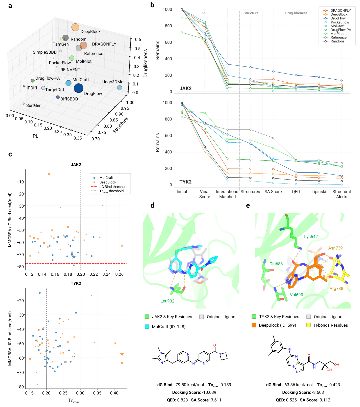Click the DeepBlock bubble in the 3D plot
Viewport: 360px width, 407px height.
(x=75, y=28)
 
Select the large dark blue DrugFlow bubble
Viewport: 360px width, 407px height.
(x=78, y=88)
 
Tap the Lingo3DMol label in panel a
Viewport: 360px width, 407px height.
(x=113, y=82)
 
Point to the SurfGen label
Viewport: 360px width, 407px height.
(x=34, y=105)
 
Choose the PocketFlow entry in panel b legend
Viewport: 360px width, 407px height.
(x=340, y=22)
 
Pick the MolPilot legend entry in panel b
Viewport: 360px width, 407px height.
(x=337, y=34)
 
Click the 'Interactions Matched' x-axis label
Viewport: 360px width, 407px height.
(x=227, y=194)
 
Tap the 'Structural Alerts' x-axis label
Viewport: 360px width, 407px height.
(x=341, y=194)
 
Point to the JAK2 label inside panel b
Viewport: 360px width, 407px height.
(x=185, y=89)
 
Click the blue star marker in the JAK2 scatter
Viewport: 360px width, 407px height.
(x=74, y=257)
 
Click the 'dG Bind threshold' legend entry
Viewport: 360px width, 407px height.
(x=113, y=187)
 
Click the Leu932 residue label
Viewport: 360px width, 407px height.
(x=167, y=301)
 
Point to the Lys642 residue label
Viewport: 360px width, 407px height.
(x=311, y=237)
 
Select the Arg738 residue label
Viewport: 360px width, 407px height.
(x=336, y=289)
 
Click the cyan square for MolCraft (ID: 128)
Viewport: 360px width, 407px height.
(x=147, y=327)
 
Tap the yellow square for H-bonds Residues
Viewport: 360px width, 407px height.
(x=309, y=325)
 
